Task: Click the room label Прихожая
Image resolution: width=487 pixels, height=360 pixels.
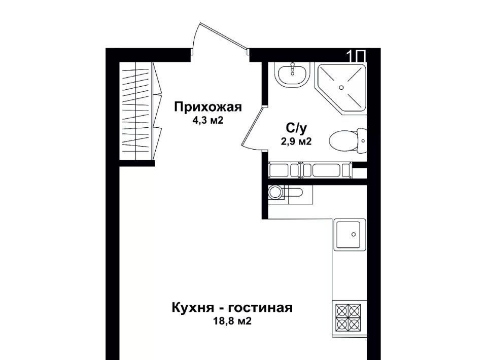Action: (x=208, y=107)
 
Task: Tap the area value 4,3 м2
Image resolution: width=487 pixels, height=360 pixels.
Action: (x=208, y=120)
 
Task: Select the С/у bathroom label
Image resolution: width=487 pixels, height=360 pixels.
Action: (x=296, y=128)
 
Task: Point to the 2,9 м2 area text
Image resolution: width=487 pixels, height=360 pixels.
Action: (x=296, y=141)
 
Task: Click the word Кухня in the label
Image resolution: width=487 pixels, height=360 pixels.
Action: (x=193, y=308)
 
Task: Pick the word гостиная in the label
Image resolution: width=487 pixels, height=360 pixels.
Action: (x=260, y=308)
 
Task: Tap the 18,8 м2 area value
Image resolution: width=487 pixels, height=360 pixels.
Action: (x=232, y=321)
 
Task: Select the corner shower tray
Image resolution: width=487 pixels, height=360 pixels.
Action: (x=341, y=88)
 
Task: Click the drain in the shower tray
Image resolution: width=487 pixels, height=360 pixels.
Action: (x=341, y=88)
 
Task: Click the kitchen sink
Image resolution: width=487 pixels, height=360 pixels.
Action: (x=350, y=234)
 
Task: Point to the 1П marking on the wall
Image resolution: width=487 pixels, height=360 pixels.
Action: (x=356, y=56)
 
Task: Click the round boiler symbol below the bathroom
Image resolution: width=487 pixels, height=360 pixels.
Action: (x=275, y=193)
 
